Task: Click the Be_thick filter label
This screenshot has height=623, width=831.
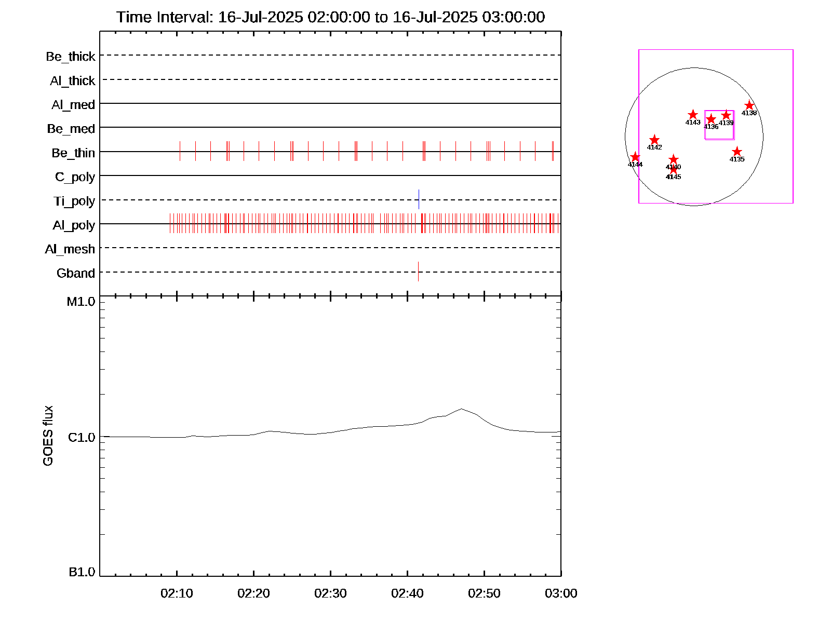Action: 71,56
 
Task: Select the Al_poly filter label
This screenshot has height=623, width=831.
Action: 74,225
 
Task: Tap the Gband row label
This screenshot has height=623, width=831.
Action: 76,273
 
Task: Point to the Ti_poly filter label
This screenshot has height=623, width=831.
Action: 74,201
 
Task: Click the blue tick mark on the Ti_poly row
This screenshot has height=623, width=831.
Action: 419,199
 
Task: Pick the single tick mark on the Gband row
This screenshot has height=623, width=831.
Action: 418,271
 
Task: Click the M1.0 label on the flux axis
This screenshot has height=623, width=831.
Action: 81,302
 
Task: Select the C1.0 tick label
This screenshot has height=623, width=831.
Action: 82,438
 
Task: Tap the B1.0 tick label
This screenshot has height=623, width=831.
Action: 82,572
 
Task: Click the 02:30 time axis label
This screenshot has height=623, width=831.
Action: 330,593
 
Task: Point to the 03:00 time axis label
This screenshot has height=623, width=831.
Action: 561,593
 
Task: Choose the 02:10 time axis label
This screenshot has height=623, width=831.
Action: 177,593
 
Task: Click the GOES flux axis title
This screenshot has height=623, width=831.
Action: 48,436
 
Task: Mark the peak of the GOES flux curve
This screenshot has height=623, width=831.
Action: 461,409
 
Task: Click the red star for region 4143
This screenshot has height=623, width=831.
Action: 693,115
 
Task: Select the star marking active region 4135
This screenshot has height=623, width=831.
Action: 736,152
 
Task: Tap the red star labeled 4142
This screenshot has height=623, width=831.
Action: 654,140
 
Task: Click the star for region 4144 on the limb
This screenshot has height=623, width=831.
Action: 635,157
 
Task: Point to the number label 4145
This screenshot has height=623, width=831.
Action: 673,177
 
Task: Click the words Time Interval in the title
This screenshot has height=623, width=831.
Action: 164,17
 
